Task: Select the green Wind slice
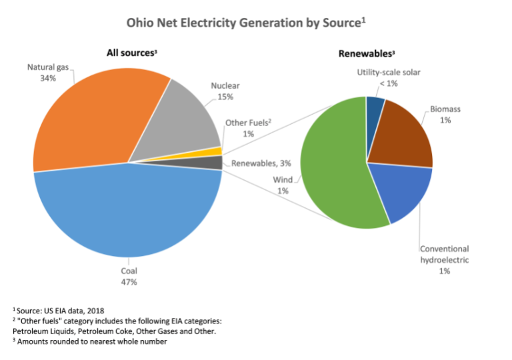[x=333, y=167]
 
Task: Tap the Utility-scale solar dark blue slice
[x=375, y=106]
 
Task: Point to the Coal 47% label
[x=129, y=277]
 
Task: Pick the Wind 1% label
[x=283, y=185]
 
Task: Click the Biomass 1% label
[x=445, y=114]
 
